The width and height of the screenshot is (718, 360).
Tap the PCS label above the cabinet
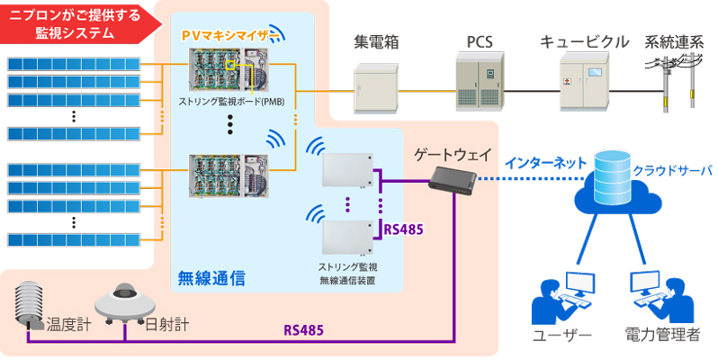tap(480, 42)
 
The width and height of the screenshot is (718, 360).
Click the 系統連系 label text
tap(676, 42)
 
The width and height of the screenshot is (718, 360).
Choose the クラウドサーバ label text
tap(673, 168)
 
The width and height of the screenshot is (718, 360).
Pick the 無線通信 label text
tap(212, 277)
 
